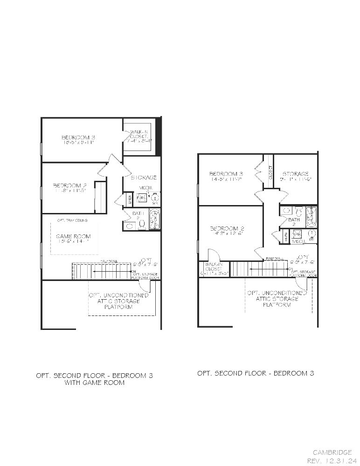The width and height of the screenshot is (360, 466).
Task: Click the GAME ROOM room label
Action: coord(73,236)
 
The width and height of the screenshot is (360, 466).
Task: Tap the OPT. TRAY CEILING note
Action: coord(72,220)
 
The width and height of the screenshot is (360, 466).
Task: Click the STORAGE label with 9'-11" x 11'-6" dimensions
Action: coord(295,174)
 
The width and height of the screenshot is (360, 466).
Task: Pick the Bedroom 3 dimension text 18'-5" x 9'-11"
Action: coord(78,143)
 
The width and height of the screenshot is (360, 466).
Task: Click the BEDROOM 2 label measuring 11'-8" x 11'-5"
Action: coord(69,185)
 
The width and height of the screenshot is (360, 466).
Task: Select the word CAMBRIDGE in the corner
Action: coord(332,452)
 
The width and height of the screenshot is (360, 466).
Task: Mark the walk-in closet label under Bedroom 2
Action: coord(214,268)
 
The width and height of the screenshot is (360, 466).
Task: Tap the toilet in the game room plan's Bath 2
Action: coord(142,225)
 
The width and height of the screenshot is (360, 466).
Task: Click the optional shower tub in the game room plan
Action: coord(154,219)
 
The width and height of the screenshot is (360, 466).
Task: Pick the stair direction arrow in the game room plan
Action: coord(112,271)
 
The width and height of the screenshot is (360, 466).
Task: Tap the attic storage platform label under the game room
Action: coord(119,301)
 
